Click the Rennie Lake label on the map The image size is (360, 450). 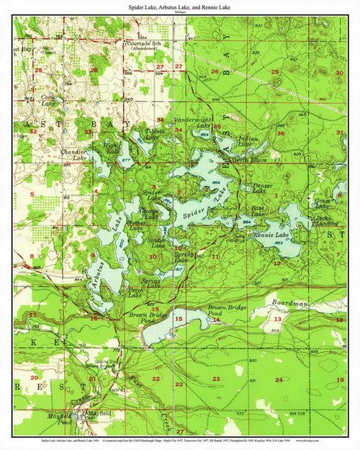(x=271, y=235)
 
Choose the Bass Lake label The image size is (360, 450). (x=257, y=211)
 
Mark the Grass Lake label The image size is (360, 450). (x=322, y=204)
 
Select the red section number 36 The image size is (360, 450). (x=281, y=133)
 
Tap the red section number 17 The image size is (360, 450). (x=33, y=315)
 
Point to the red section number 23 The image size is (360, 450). (x=216, y=379)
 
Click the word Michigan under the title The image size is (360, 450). (x=179, y=12)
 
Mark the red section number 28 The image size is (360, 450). (x=94, y=70)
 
